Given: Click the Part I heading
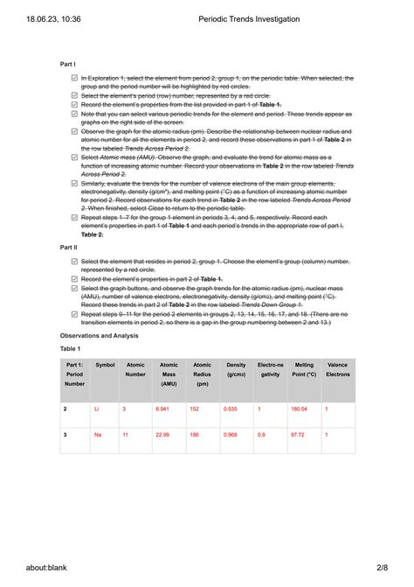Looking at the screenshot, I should coord(68,65).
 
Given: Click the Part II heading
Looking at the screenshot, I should coord(69,248).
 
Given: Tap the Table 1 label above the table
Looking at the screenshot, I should coord(72,348).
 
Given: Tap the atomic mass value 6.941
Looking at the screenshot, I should coord(162,409).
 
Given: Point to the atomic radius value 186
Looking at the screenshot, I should coord(195,434).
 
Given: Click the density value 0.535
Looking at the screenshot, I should coord(231,409).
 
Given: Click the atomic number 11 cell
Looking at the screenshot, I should coord(126,434).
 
